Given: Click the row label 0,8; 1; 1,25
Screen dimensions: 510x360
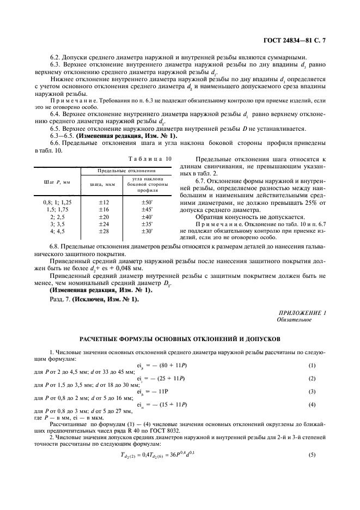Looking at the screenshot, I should tap(54, 202).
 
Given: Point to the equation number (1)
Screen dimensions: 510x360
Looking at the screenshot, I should tap(312, 365).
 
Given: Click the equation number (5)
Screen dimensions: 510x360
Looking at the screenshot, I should tap(312, 454).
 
